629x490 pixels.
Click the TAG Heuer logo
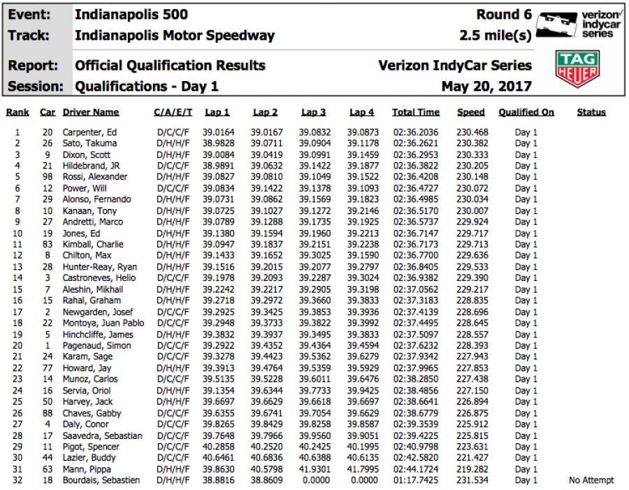[x=577, y=69]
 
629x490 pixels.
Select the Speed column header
[x=471, y=112]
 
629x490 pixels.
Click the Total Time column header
[x=416, y=112]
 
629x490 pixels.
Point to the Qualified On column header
[x=526, y=112]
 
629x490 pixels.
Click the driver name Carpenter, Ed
[x=89, y=132]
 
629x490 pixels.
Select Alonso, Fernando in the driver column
[x=96, y=199]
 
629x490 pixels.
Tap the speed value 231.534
[x=472, y=480]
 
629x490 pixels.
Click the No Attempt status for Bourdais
[x=591, y=480]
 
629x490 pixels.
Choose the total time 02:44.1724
[x=416, y=469]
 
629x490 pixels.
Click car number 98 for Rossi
[x=47, y=177]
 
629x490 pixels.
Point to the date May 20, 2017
[x=486, y=87]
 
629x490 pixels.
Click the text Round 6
[x=504, y=15]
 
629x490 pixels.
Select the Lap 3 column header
[x=313, y=112]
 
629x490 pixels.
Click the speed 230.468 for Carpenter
[x=472, y=132]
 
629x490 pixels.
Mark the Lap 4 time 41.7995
[x=363, y=469]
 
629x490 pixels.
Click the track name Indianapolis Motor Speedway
[x=175, y=36]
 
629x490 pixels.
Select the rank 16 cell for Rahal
[x=17, y=301]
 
